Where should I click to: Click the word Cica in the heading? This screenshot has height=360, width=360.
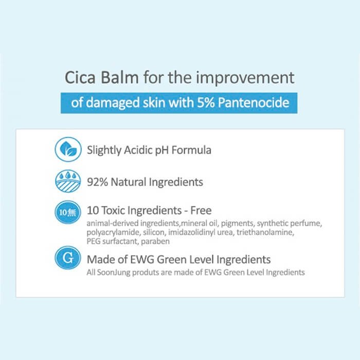tap(80, 77)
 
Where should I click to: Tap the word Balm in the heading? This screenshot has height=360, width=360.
tap(120, 77)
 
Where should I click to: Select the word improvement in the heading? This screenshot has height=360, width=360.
tap(245, 78)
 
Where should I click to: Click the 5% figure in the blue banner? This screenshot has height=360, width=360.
tap(206, 102)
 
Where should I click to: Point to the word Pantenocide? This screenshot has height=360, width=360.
tap(254, 102)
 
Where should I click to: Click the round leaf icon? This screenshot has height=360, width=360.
tap(68, 150)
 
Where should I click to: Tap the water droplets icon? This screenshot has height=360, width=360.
tap(68, 181)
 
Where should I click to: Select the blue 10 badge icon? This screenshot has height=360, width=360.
tap(68, 212)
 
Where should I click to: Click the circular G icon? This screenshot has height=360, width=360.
tap(68, 258)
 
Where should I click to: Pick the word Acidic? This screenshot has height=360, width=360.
tap(138, 150)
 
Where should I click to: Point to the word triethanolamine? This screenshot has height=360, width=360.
tap(265, 232)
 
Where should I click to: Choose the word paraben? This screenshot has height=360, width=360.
tap(155, 242)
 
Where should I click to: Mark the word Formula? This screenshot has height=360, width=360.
tap(191, 150)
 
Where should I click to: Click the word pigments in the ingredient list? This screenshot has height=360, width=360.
tap(237, 224)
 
